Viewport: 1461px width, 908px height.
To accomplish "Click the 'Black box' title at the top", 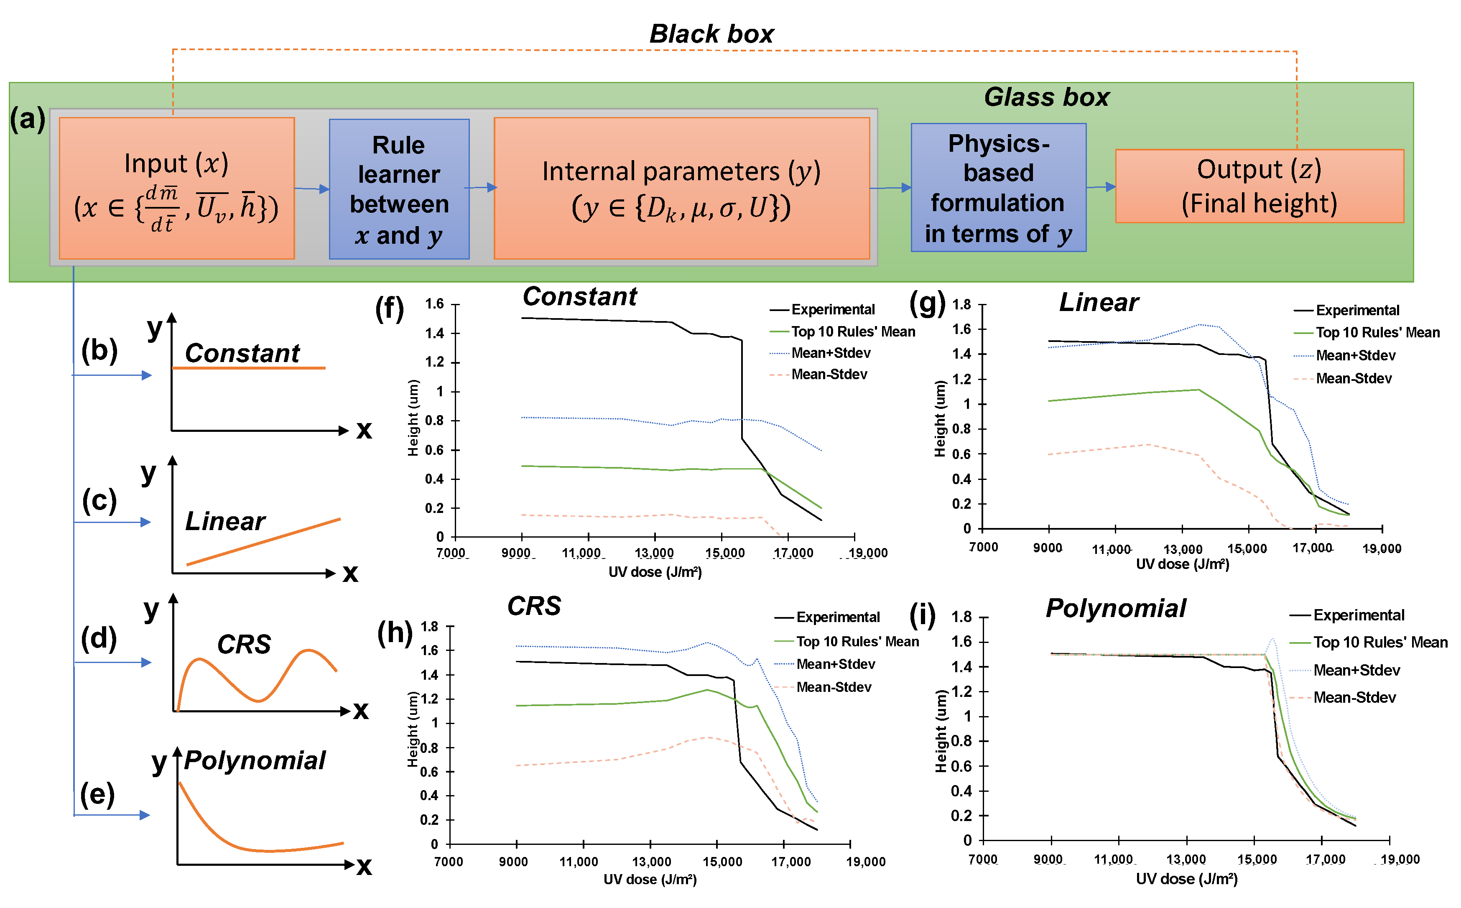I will (x=711, y=34).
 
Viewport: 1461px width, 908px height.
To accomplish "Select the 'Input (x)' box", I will (x=176, y=188).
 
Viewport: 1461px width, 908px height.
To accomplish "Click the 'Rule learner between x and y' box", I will (x=399, y=189).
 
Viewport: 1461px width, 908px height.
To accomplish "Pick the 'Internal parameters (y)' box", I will (x=681, y=188).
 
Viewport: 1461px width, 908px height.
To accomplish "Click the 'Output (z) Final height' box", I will (x=1259, y=186).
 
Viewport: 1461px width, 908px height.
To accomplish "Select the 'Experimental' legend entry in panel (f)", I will (x=832, y=310).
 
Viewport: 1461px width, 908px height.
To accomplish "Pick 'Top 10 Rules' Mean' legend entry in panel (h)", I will (x=857, y=642).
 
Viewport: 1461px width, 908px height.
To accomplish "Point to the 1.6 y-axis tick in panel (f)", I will (x=435, y=304).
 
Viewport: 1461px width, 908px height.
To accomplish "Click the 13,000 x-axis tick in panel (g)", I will (x=1182, y=549).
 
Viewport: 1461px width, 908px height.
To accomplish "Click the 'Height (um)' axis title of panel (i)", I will (x=941, y=731).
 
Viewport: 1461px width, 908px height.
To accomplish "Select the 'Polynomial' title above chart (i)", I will (x=1116, y=608).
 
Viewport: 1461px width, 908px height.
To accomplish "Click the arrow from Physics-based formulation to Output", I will (x=1101, y=187).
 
